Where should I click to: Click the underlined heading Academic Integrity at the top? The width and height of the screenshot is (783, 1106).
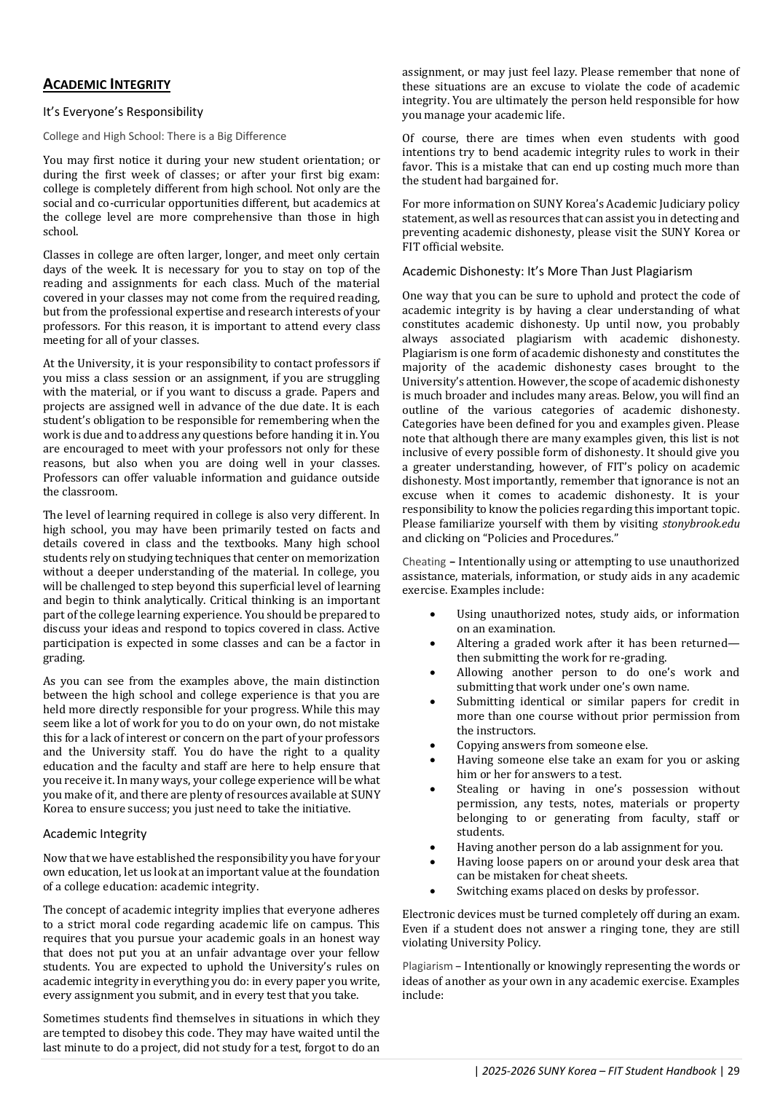tap(106, 85)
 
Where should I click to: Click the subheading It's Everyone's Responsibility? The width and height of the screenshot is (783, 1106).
tap(122, 111)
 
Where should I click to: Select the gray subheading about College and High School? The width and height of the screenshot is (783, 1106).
tap(164, 136)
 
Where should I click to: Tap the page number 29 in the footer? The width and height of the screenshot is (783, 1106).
tap(733, 1070)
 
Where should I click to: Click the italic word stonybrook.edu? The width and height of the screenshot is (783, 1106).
tap(701, 524)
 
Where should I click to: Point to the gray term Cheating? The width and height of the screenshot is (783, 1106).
tap(423, 562)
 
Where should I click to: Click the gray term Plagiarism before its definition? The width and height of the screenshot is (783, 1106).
tap(427, 966)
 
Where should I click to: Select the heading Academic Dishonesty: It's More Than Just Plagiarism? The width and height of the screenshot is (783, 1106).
tap(547, 271)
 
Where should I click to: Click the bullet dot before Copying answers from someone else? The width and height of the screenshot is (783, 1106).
tap(433, 745)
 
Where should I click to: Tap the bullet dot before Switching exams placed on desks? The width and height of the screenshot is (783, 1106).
tap(433, 891)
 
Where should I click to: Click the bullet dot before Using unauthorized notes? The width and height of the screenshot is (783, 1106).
tap(433, 614)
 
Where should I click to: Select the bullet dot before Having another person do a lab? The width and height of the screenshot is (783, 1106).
tap(433, 847)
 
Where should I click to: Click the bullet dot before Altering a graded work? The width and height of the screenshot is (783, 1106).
tap(433, 643)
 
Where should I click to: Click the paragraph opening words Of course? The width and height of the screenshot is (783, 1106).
tap(430, 138)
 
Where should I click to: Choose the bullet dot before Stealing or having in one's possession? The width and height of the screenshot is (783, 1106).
tap(433, 789)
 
